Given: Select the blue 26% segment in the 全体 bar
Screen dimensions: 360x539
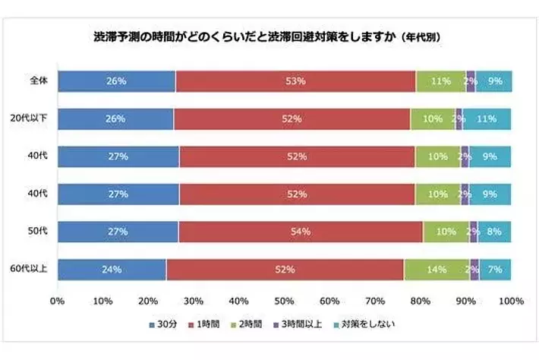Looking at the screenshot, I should [x=116, y=81].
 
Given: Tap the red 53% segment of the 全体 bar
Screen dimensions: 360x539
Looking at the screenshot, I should [x=295, y=81].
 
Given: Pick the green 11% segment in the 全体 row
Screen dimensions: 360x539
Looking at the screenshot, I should [x=440, y=81].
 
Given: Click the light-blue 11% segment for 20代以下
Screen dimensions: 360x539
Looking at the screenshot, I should [x=487, y=118].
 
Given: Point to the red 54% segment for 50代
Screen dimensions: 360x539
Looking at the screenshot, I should [x=301, y=232].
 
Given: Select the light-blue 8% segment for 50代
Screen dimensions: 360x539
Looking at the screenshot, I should [x=494, y=232].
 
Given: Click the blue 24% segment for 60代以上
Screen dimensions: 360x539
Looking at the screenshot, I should [x=112, y=269].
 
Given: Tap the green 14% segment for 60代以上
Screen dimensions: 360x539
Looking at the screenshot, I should [x=437, y=269].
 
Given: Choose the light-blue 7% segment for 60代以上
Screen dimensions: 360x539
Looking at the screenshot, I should [x=495, y=269].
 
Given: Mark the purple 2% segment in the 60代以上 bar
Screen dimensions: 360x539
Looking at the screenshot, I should [x=474, y=269].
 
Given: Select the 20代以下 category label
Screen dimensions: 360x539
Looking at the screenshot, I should [x=33, y=118].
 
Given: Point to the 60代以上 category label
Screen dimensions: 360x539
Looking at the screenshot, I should [x=33, y=269].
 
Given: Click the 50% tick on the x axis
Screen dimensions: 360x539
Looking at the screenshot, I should [x=284, y=302].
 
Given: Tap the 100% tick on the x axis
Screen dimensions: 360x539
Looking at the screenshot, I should [x=512, y=302].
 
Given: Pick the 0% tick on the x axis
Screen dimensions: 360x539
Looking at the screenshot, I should [x=57, y=302].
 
